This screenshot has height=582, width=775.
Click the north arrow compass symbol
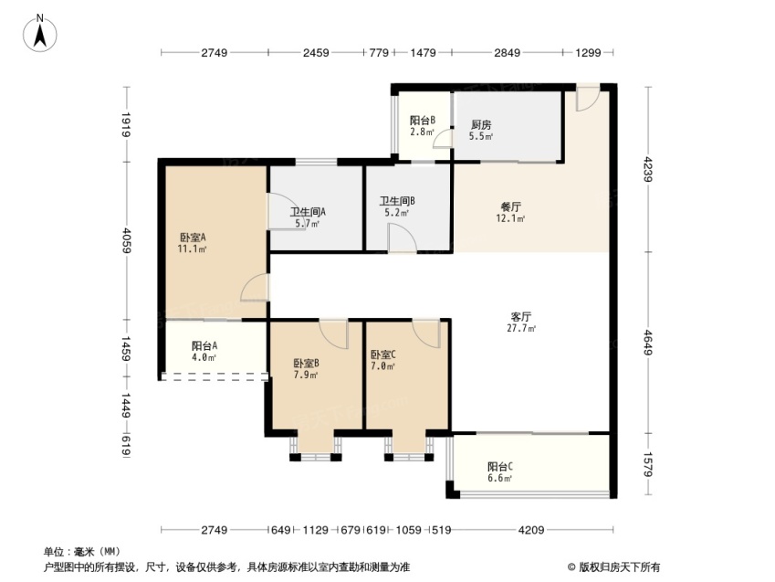39,34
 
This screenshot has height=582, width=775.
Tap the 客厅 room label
521,317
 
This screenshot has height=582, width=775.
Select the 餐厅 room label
510,206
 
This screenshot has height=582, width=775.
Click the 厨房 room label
481,124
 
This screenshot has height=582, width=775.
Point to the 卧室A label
193,238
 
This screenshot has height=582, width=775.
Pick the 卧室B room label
306,364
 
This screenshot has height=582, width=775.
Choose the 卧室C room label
383,354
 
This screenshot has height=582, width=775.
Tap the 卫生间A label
308,212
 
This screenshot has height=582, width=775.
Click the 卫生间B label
397,201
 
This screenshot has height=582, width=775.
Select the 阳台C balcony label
499,467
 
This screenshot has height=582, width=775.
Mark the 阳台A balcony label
204,346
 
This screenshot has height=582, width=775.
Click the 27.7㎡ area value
521,328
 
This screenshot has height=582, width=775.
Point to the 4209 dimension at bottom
531,530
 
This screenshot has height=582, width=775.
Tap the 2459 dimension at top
316,52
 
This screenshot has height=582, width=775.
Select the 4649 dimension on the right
648,342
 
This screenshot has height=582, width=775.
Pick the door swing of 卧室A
255,287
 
